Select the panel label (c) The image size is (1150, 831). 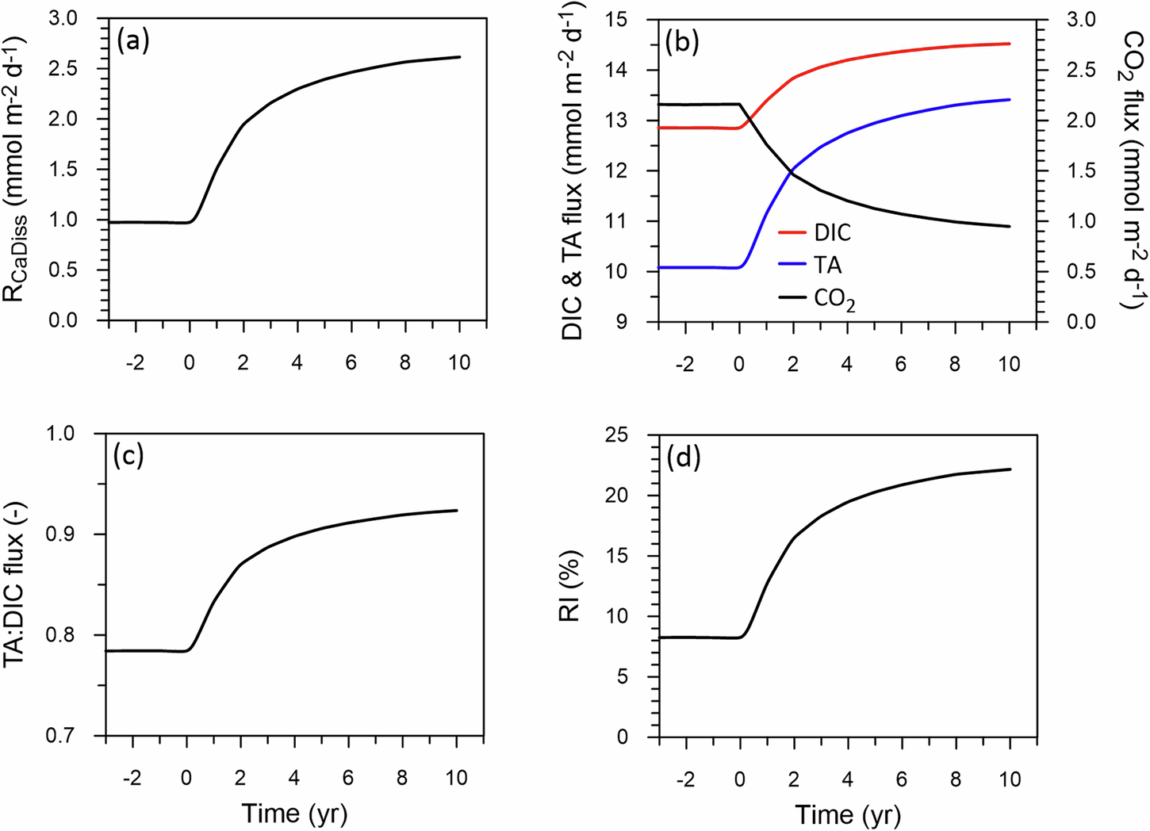[128, 457]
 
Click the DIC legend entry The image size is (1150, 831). [831, 232]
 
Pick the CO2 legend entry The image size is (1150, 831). [834, 299]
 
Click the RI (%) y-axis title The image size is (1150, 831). [587, 585]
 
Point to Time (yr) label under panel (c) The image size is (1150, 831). [294, 814]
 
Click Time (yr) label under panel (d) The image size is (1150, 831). [848, 814]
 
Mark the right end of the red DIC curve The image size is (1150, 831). [1010, 44]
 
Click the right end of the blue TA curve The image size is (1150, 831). [1010, 99]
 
